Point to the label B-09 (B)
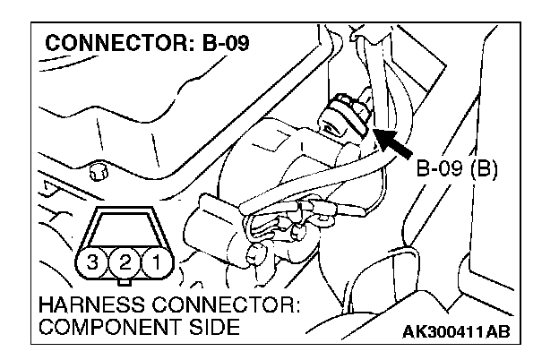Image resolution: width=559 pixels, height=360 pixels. point(458,167)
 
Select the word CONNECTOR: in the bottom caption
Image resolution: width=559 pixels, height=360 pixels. point(229,305)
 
